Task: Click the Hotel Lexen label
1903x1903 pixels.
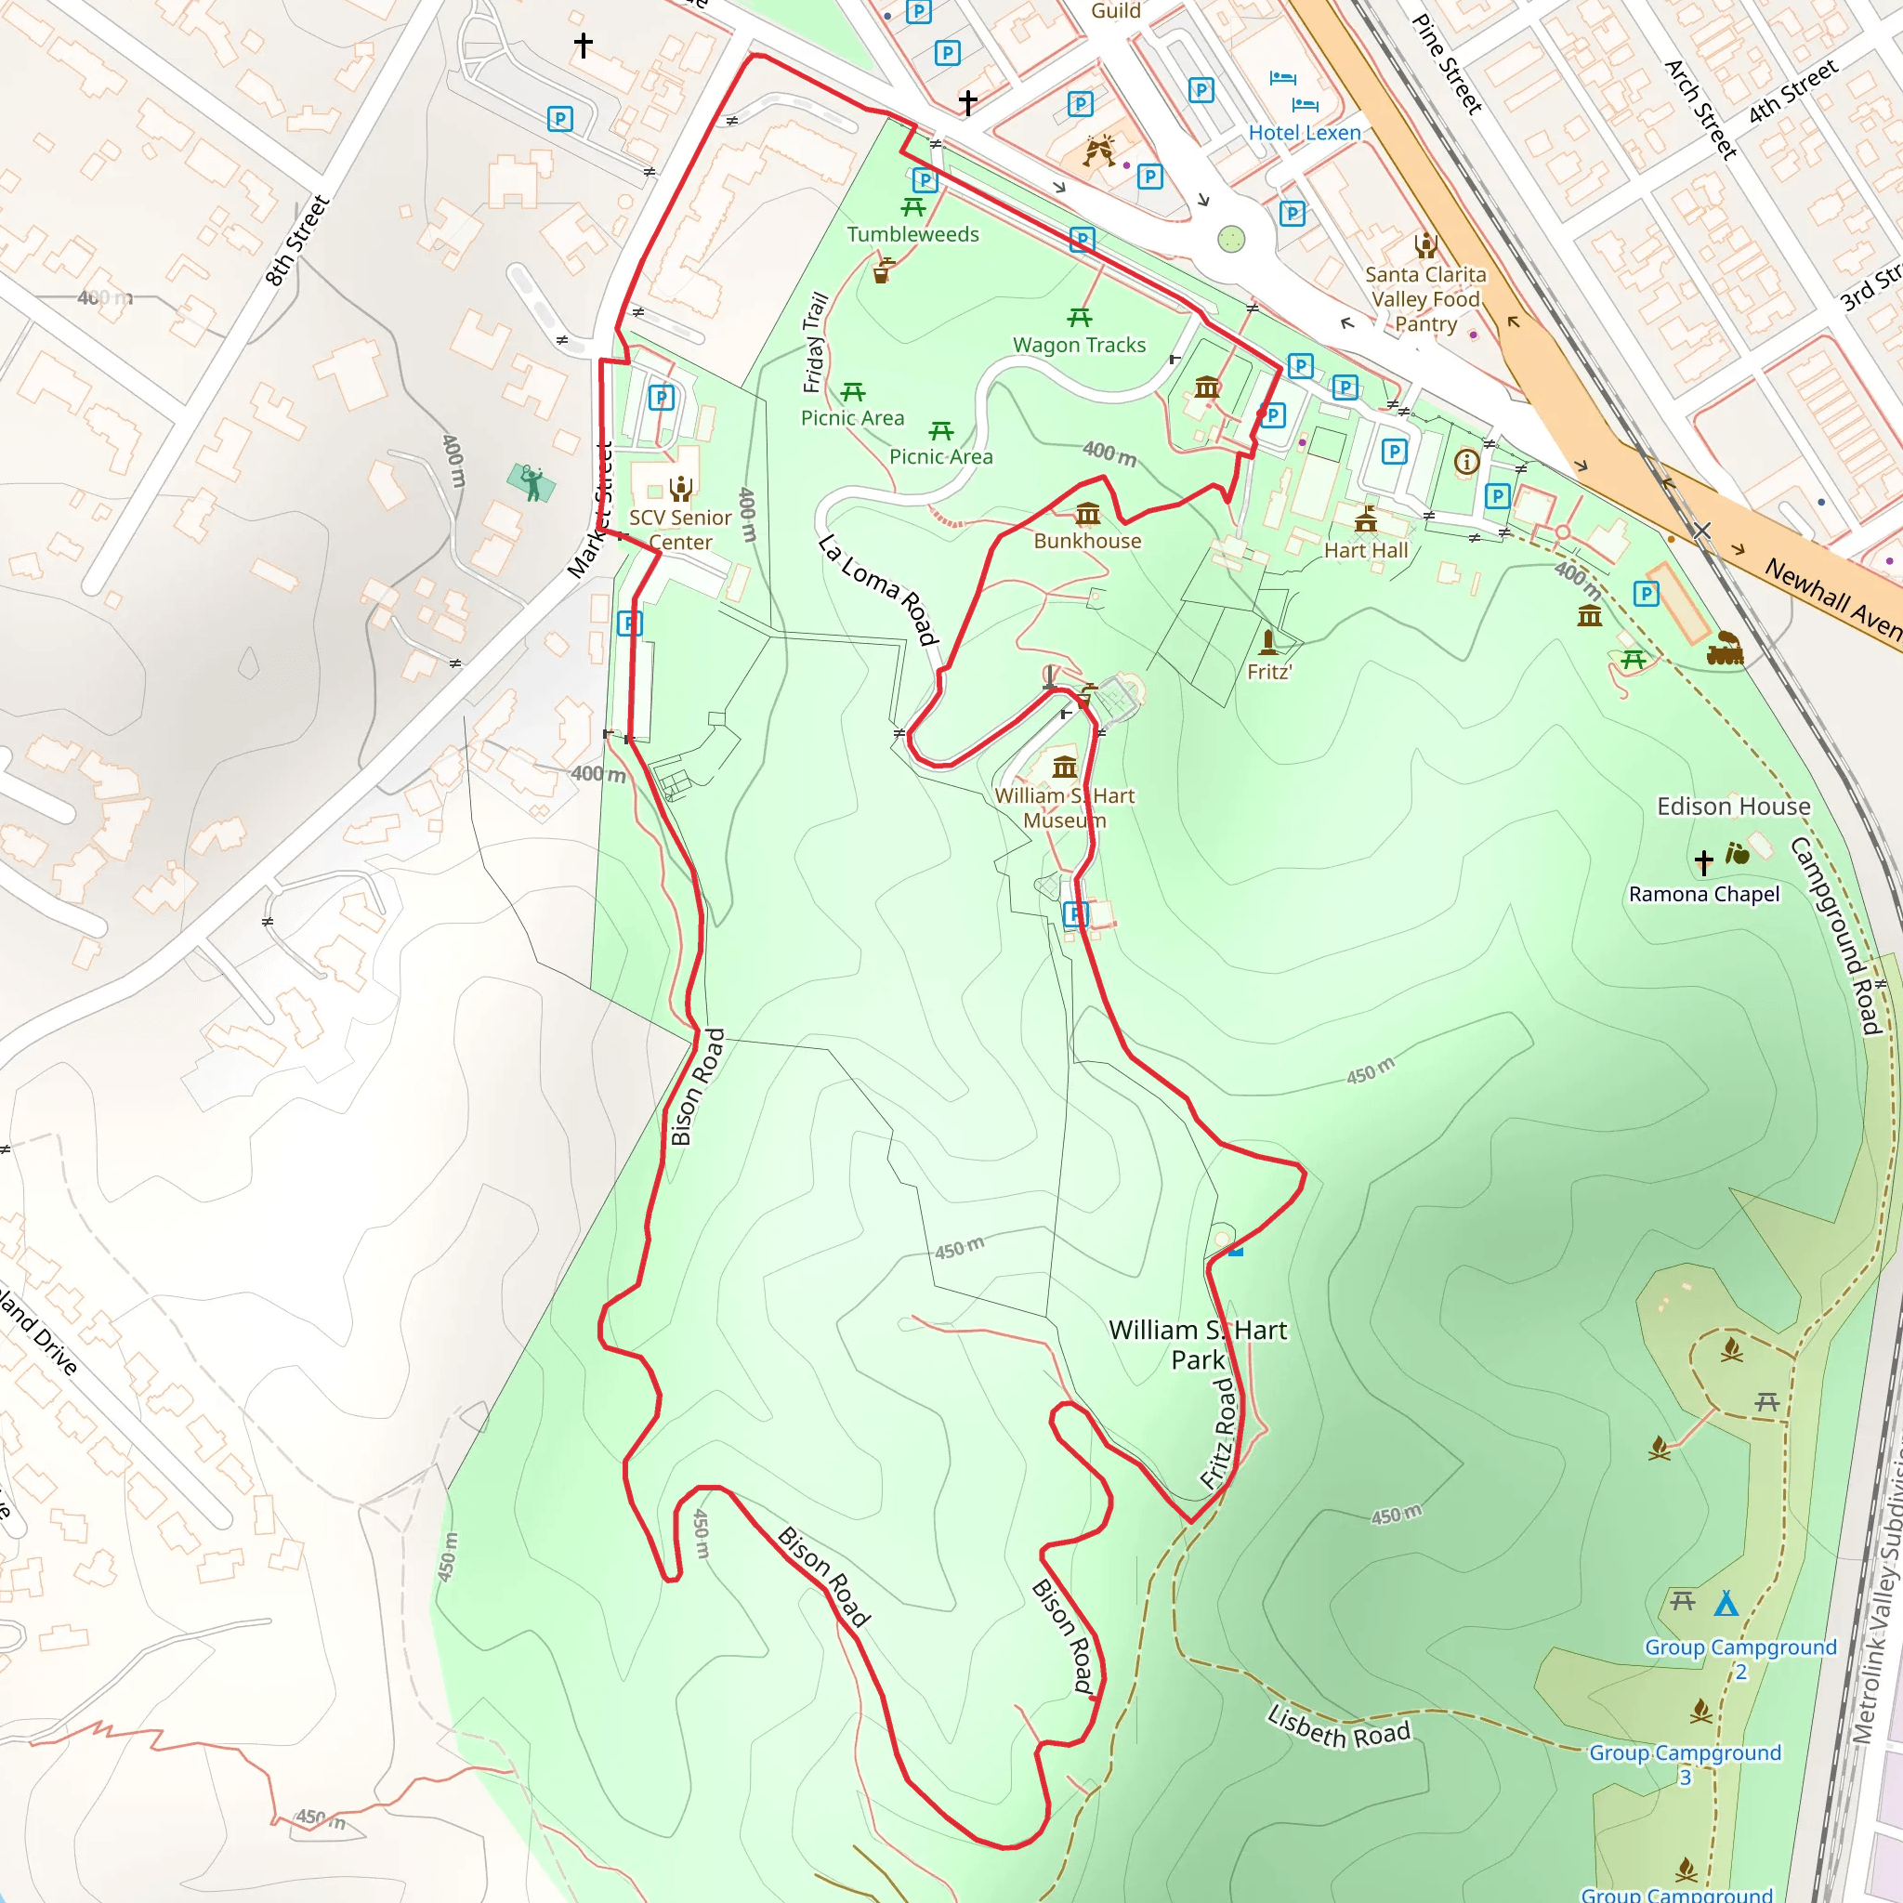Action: point(1304,133)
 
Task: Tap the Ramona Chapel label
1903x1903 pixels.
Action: point(1704,895)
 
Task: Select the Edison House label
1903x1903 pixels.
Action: point(1734,807)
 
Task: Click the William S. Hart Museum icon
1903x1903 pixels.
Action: point(1065,767)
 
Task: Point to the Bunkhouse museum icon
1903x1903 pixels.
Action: point(1087,513)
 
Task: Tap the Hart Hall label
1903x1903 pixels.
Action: point(1366,551)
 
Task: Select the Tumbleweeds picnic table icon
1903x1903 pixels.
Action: point(913,207)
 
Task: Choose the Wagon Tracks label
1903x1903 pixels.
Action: point(1080,345)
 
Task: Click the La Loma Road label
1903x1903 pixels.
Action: point(876,590)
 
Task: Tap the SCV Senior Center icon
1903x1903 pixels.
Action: point(680,488)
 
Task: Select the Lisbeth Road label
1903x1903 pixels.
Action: point(1339,1726)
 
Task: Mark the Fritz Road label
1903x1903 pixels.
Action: point(1218,1433)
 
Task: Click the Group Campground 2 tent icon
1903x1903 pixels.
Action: point(1726,1603)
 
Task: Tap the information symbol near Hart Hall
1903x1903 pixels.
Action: point(1466,461)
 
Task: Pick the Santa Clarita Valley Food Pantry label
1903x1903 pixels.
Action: point(1425,298)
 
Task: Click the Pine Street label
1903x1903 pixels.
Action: point(1447,64)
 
